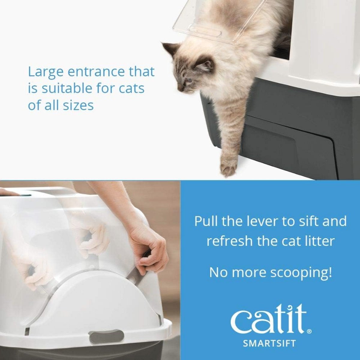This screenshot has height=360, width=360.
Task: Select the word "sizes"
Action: (x=79, y=105)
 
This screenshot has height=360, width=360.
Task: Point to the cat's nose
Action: (x=179, y=89)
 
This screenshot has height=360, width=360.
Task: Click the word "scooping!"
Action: (x=300, y=273)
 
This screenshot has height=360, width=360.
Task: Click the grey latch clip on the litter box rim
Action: (x=106, y=337)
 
